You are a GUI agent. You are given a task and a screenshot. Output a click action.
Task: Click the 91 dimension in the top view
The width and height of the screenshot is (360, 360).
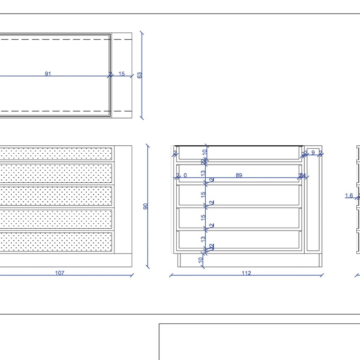pos(48,74)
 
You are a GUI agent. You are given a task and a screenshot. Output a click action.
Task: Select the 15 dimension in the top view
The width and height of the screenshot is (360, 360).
pos(121,74)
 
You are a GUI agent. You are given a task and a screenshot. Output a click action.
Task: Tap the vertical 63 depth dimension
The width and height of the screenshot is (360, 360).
pos(140,75)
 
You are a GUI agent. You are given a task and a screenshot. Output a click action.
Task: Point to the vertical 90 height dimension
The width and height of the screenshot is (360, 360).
pos(145,206)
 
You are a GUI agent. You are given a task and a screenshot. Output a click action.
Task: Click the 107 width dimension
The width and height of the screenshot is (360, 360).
pos(60,273)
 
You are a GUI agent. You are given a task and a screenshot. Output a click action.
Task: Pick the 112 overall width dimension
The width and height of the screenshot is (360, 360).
pos(246,273)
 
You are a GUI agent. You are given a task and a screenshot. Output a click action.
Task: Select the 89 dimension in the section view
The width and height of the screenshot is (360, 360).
pos(239,175)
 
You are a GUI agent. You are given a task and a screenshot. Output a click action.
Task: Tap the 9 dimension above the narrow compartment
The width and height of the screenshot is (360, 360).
pos(313,152)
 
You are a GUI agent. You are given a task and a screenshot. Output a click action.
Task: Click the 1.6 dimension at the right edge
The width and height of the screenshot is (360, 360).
pos(349,195)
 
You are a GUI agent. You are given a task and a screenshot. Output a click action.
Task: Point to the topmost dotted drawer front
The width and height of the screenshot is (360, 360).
pos(56,153)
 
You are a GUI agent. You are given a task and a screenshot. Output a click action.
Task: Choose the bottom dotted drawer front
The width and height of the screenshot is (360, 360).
pos(56,241)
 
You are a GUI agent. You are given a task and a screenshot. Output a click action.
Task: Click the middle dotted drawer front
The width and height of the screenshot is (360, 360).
pos(56,196)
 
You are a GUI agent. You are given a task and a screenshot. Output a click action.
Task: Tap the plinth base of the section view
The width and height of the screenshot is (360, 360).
pos(248,260)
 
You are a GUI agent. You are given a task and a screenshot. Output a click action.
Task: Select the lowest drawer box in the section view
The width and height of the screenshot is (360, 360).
pos(239,239)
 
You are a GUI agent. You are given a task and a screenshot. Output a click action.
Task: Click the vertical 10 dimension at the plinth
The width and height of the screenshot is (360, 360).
pos(200,259)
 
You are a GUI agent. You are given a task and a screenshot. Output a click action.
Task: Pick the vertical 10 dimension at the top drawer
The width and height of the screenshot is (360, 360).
pos(205,153)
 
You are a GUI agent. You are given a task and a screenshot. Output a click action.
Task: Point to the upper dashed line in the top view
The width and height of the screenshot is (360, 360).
pos(56,40)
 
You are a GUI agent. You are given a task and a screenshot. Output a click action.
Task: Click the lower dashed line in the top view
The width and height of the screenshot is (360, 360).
pos(56,111)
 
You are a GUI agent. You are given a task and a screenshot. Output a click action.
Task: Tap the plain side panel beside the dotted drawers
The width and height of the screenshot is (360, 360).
pos(123,199)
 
